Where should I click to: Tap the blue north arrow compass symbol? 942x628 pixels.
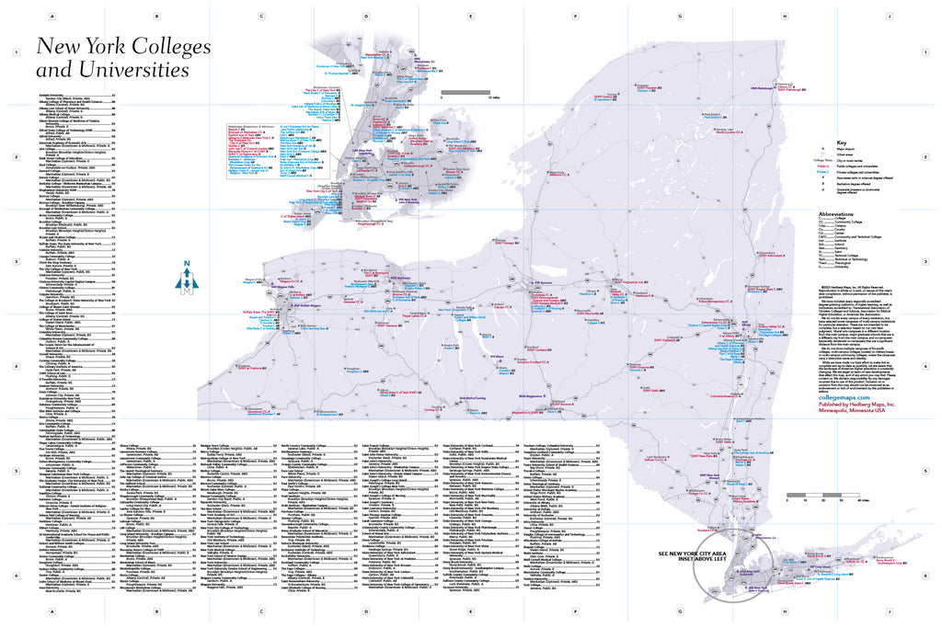(x=188, y=280)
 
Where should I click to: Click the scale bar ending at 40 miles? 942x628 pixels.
(x=823, y=497)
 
